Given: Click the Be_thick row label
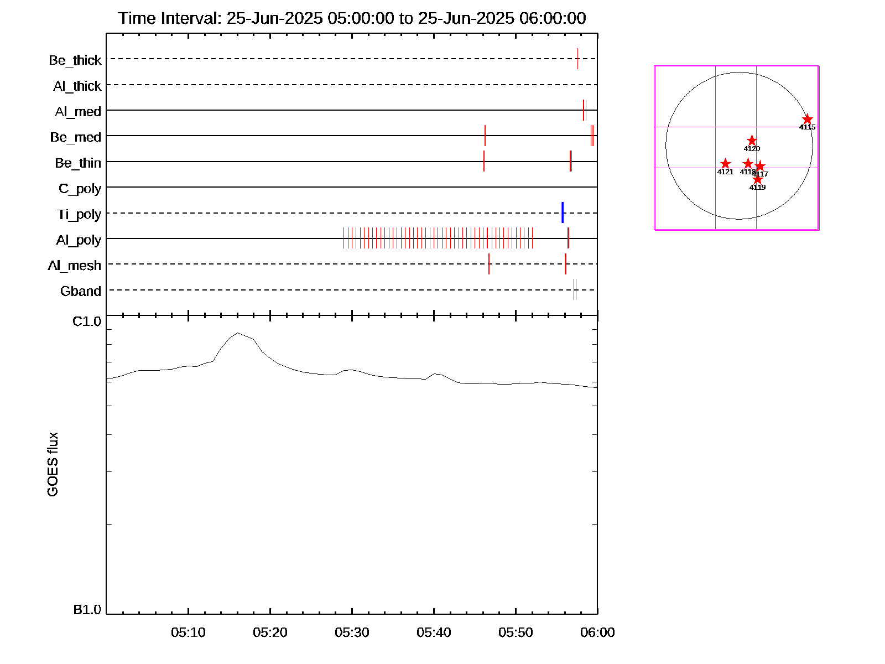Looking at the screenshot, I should click(75, 60).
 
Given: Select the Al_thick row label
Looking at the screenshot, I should click(77, 86).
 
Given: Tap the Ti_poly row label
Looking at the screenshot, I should click(79, 214).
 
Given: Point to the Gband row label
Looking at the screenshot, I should click(80, 291).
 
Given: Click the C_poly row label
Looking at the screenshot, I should click(80, 189).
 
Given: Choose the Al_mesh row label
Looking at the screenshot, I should click(74, 266).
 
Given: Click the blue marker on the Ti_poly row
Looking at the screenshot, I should click(562, 212).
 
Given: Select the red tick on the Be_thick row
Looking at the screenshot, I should click(577, 59).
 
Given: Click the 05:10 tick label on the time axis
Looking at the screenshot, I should click(188, 632).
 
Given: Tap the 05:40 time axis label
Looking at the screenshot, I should click(434, 632).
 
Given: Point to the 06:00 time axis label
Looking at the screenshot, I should click(597, 632).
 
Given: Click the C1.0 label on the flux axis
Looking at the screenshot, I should click(87, 321).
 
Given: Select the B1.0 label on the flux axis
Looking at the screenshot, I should click(87, 610).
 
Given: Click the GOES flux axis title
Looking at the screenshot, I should click(53, 465).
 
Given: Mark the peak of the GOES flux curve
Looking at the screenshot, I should click(238, 333).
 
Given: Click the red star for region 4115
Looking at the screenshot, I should click(808, 119).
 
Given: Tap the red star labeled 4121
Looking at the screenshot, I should click(725, 164).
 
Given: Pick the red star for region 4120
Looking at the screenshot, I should click(752, 141).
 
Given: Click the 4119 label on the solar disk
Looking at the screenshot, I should click(757, 188).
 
